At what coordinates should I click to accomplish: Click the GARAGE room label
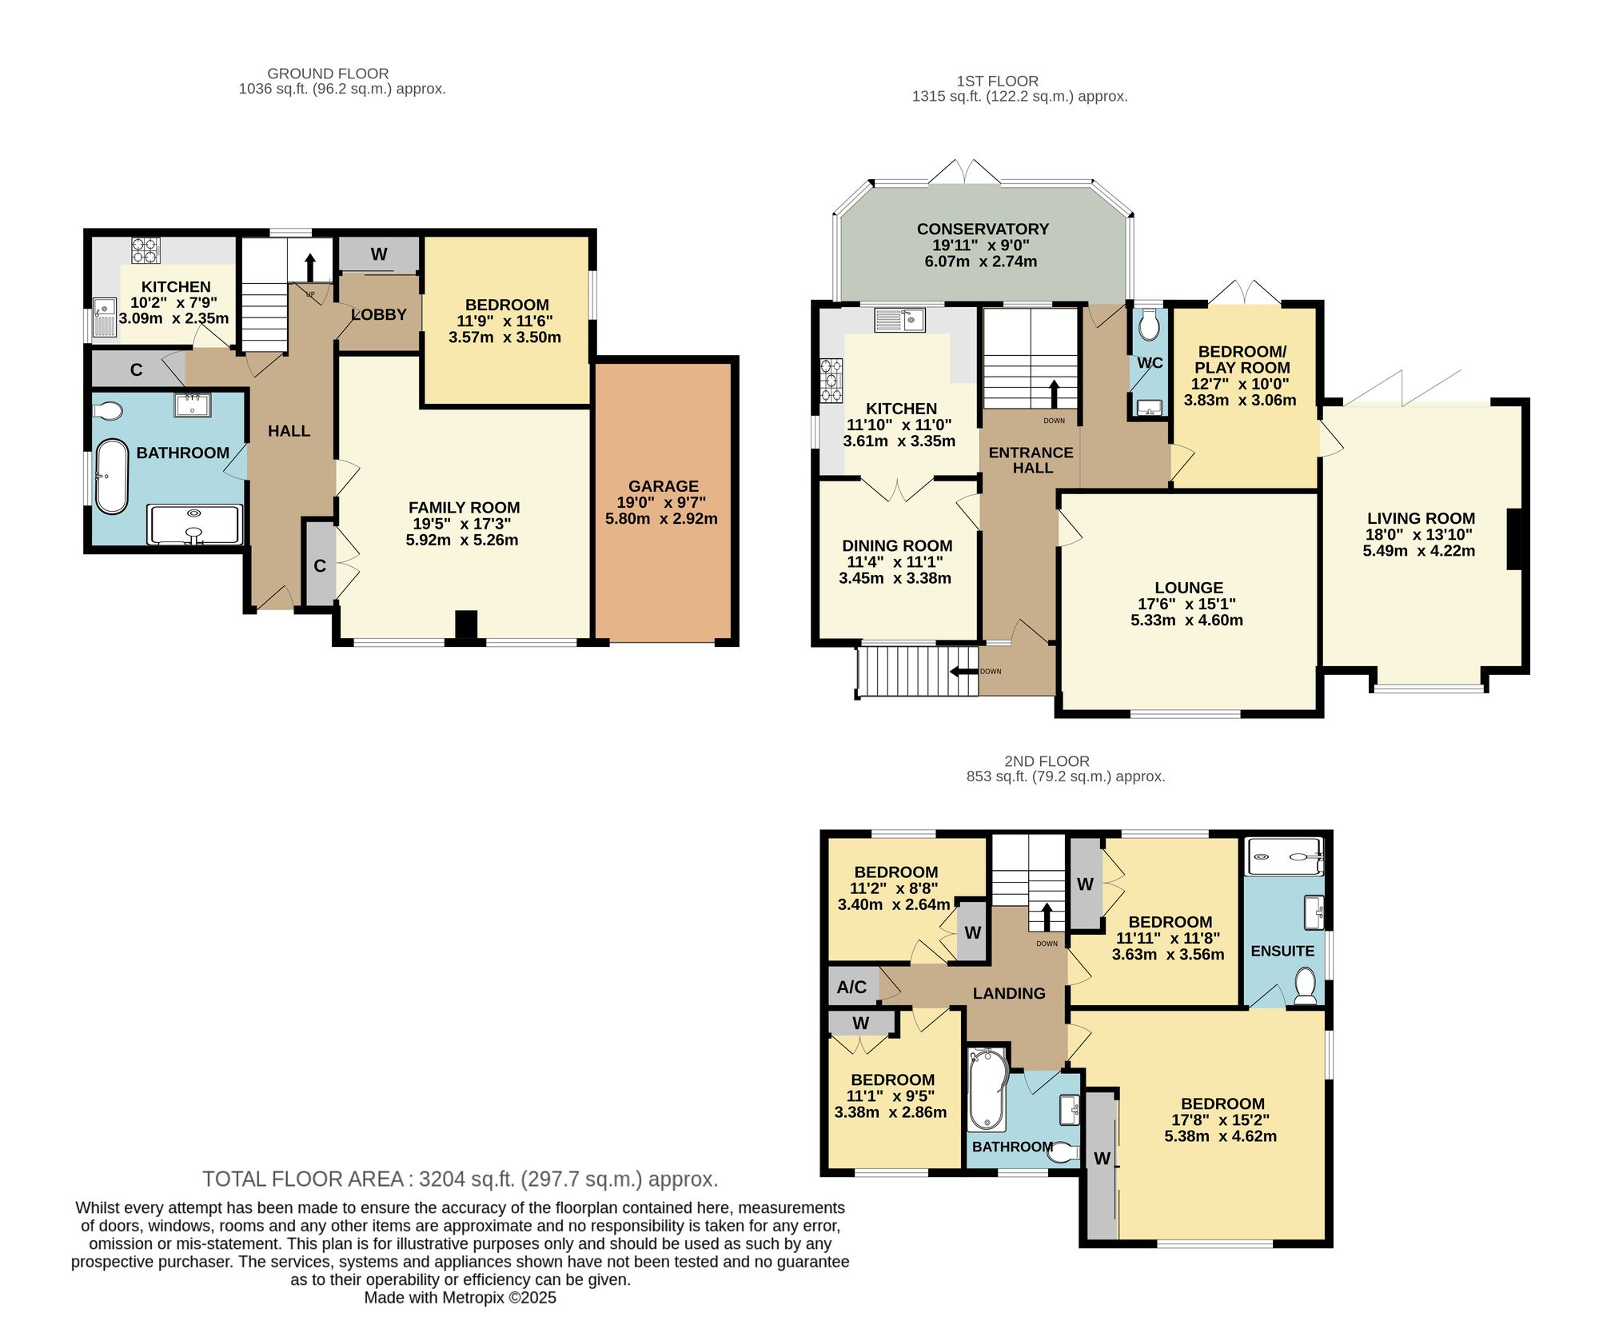click(x=664, y=486)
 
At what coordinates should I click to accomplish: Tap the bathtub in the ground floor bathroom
click(x=112, y=477)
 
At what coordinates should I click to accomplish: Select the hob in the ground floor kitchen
click(x=146, y=251)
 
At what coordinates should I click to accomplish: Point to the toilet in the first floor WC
click(x=1149, y=325)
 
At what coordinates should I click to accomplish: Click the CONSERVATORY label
click(x=983, y=229)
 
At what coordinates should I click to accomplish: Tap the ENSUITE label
click(x=1282, y=951)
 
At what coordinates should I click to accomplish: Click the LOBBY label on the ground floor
click(x=379, y=315)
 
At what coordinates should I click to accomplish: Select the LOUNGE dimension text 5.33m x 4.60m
click(x=1187, y=620)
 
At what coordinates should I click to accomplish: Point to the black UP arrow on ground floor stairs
click(x=310, y=266)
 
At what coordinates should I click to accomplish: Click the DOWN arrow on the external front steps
click(x=963, y=672)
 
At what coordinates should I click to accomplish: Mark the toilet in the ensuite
click(x=1305, y=986)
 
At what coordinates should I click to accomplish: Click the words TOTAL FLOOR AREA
click(x=303, y=1179)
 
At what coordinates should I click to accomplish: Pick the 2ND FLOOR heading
click(x=1047, y=761)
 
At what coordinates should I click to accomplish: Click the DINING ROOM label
click(x=897, y=546)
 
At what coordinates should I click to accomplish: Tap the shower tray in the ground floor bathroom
click(x=194, y=525)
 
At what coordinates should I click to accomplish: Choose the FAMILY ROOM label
click(x=464, y=508)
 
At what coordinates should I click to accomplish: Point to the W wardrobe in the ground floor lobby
click(x=379, y=254)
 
